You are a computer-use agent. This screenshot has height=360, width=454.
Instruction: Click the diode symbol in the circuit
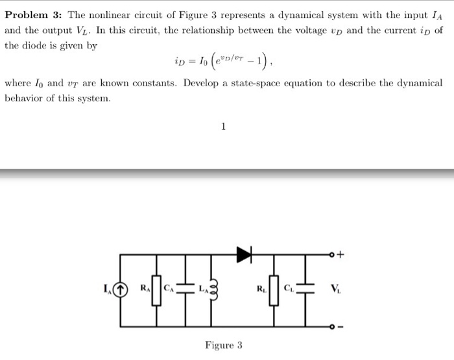tap(245, 256)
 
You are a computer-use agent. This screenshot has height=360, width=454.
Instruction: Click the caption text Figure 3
tap(223, 345)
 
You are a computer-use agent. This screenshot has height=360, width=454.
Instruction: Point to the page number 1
tap(223, 127)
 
